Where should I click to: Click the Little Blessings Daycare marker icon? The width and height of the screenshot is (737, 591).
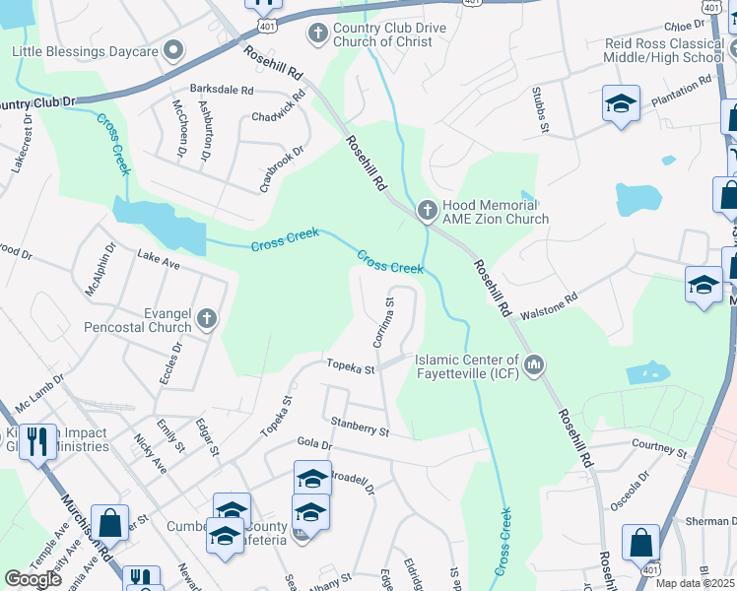click(x=173, y=50)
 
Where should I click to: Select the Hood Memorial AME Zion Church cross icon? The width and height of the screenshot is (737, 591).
click(x=428, y=210)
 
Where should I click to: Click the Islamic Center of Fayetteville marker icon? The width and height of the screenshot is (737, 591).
click(x=534, y=366)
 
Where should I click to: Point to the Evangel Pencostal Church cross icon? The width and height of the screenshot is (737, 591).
click(x=207, y=318)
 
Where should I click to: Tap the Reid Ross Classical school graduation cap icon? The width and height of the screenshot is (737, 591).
click(x=621, y=103)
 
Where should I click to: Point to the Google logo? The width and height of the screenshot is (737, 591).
click(x=33, y=578)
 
